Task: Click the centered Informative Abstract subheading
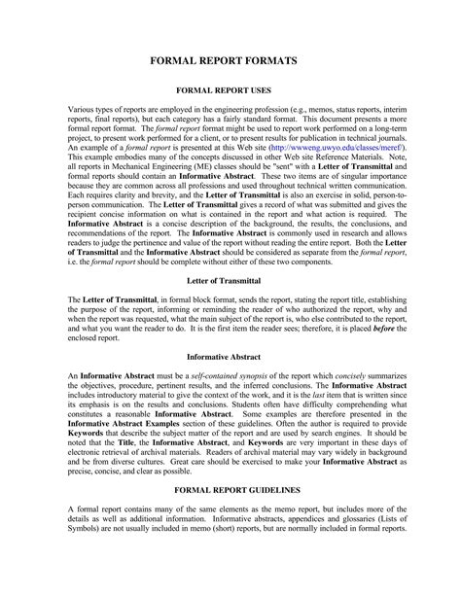tap(230, 356)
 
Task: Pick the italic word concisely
tap(370, 375)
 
